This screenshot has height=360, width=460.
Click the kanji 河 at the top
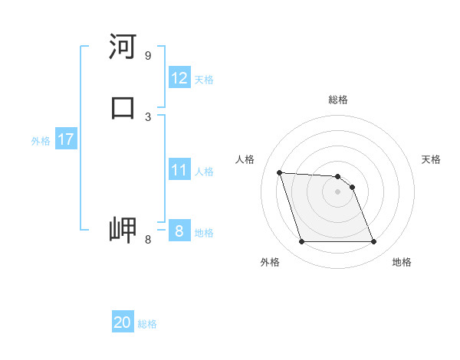pyautogui.click(x=123, y=47)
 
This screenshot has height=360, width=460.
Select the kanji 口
pyautogui.click(x=123, y=107)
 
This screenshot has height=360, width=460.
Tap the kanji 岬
pyautogui.click(x=123, y=230)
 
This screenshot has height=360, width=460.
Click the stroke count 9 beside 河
pyautogui.click(x=147, y=55)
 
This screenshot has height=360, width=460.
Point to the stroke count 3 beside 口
pyautogui.click(x=147, y=116)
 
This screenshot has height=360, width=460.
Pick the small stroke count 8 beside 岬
pyautogui.click(x=147, y=240)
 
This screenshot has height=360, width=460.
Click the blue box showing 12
pyautogui.click(x=179, y=78)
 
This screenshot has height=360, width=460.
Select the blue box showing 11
pyautogui.click(x=179, y=170)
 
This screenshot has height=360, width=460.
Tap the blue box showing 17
pyautogui.click(x=65, y=139)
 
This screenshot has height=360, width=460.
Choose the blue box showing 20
pyautogui.click(x=123, y=322)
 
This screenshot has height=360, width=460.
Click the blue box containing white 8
pyautogui.click(x=179, y=231)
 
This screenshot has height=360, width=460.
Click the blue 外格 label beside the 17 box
pyautogui.click(x=41, y=141)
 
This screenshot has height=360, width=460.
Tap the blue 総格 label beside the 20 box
pyautogui.click(x=147, y=324)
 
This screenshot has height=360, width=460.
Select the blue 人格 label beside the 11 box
pyautogui.click(x=204, y=172)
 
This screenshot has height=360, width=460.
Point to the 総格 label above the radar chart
pyautogui.click(x=338, y=100)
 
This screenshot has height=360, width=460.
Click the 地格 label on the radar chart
pyautogui.click(x=402, y=262)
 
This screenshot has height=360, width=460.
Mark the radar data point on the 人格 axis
pyautogui.click(x=279, y=172)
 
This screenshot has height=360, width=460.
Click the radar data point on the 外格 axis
pyautogui.click(x=301, y=242)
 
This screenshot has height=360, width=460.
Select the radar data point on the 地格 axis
pyautogui.click(x=373, y=242)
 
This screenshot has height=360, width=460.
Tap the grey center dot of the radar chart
pyautogui.click(x=337, y=191)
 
